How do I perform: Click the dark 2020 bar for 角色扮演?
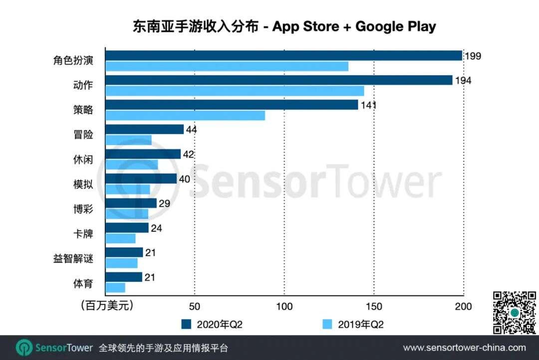click(283, 55)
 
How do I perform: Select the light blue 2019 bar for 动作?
click(235, 91)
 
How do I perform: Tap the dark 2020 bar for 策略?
click(232, 105)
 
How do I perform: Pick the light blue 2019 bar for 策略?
click(185, 116)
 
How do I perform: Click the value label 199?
click(473, 56)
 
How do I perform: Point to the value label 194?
click(463, 80)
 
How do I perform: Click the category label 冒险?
click(83, 135)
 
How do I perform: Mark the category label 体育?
click(83, 284)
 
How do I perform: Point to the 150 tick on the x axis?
click(374, 306)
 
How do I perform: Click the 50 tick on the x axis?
click(195, 306)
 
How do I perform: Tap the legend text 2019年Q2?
click(361, 325)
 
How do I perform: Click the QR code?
click(515, 313)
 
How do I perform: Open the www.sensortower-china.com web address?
click(464, 348)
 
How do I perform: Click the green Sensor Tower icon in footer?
click(24, 348)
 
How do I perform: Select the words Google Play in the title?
click(395, 26)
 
